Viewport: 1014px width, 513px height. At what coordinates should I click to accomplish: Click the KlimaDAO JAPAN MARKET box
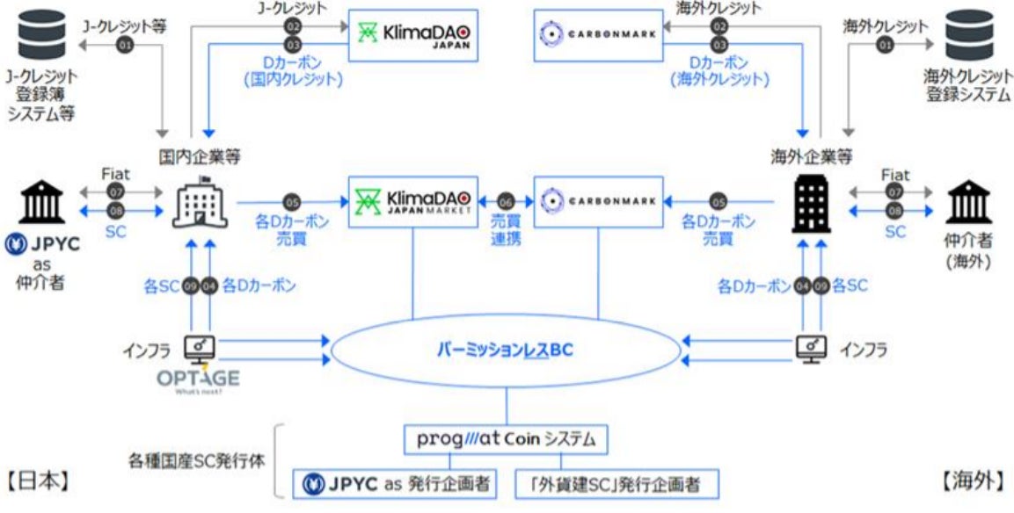(413, 202)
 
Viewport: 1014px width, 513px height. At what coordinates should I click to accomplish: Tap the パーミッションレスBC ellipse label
(505, 349)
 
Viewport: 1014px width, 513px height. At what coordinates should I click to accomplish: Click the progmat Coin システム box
(505, 438)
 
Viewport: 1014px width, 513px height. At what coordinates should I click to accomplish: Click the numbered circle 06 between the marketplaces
(506, 201)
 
